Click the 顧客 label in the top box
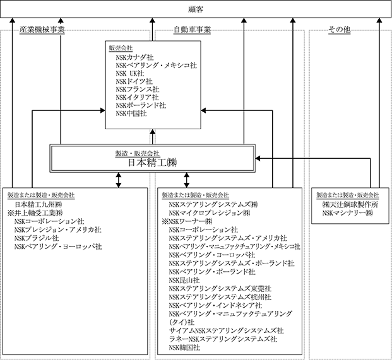tap(196, 8)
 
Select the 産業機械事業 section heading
tap(42, 30)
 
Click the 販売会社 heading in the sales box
tap(121, 48)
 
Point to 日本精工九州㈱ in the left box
tap(39, 205)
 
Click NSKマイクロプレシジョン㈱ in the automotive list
tap(211, 213)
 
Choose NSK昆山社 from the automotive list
tap(184, 279)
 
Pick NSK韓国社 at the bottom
tap(184, 347)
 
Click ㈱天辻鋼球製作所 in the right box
tap(350, 205)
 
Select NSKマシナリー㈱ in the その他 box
tap(347, 214)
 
